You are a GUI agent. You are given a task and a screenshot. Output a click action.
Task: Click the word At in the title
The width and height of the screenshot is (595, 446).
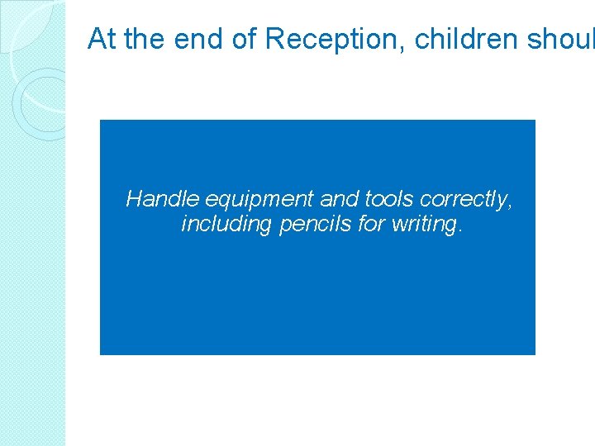101,38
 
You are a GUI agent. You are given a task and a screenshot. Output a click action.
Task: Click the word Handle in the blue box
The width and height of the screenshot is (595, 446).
162,199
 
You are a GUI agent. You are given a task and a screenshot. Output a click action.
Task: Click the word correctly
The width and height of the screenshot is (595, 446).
463,200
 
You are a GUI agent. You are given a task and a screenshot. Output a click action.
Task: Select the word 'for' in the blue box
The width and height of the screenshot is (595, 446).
369,224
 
